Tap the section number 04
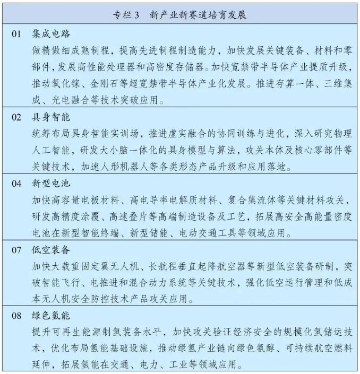pyautogui.click(x=16, y=184)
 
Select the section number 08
pyautogui.click(x=16, y=316)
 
